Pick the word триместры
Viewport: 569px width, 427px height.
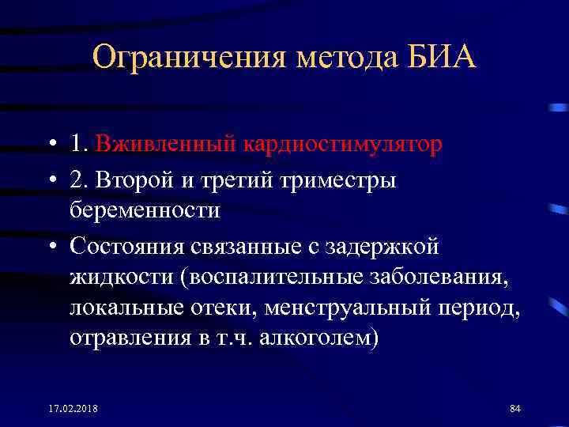(349, 180)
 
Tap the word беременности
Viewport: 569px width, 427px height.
(145, 211)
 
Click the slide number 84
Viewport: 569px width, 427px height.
(514, 408)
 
